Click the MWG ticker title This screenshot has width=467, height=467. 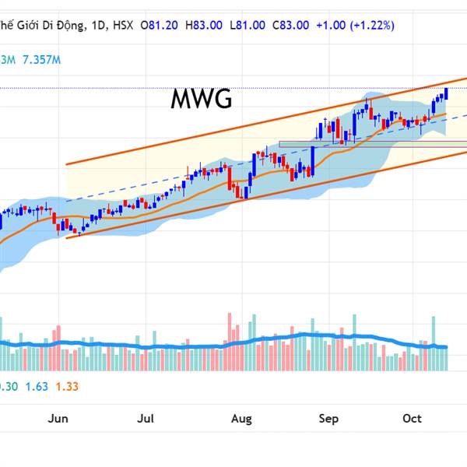click(x=202, y=100)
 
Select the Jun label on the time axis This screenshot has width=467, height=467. click(x=58, y=419)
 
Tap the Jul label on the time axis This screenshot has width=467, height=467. click(x=146, y=419)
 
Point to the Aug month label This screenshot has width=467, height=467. click(x=242, y=419)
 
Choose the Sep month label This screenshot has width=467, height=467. click(x=328, y=419)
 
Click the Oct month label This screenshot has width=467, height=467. click(x=412, y=419)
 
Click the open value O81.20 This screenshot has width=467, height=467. click(x=160, y=25)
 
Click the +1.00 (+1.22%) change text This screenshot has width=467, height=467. click(x=355, y=25)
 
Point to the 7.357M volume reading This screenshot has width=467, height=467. click(x=41, y=59)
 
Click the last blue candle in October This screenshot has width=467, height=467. click(x=447, y=94)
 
